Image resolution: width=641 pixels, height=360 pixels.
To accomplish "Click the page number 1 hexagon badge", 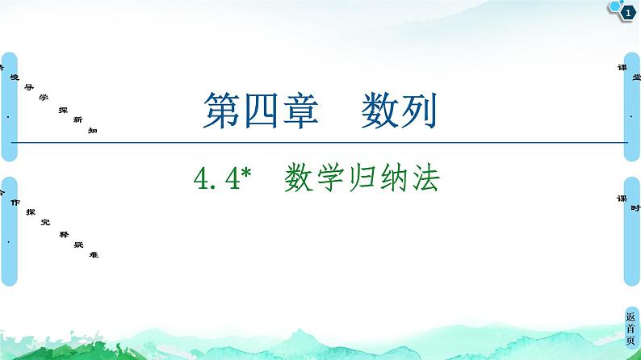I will click(x=627, y=12).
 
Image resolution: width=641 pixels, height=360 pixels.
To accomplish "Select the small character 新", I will click(x=78, y=119).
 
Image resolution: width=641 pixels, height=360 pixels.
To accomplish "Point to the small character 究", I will click(x=46, y=223).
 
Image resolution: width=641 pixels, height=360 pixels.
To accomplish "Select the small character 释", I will click(x=62, y=233).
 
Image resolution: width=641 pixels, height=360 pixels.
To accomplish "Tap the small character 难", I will click(x=94, y=254).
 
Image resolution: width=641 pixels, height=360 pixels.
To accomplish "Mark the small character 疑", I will click(x=78, y=244).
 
